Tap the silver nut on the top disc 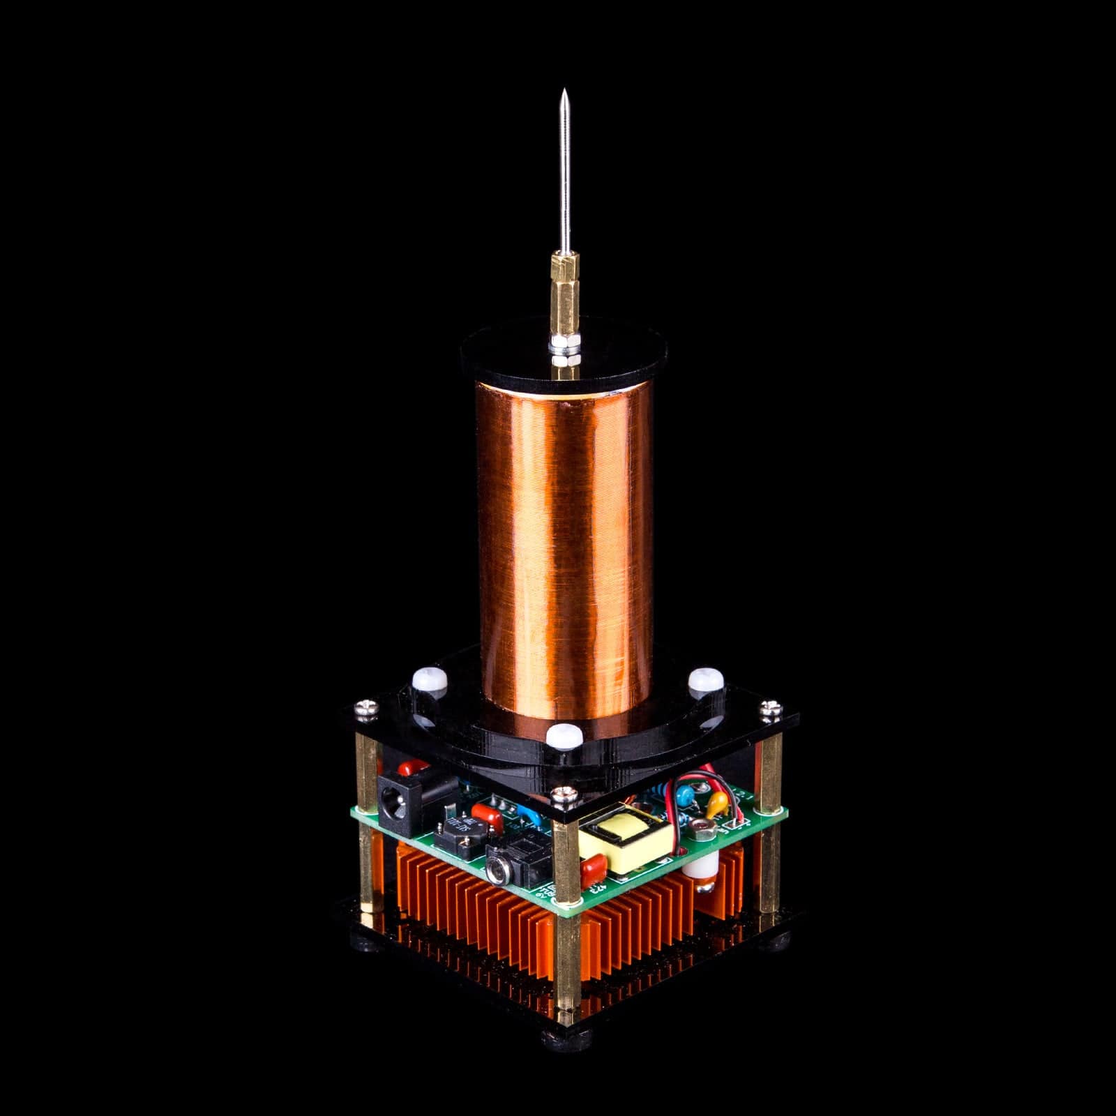561,348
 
